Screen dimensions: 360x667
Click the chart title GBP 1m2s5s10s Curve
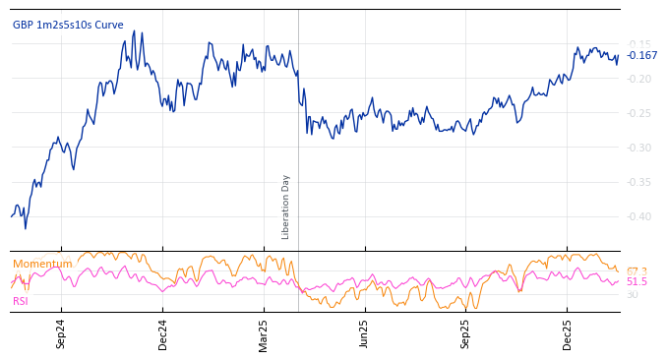(68, 26)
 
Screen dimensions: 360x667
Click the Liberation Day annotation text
(286, 207)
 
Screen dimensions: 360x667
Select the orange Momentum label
(42, 264)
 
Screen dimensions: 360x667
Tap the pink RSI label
(20, 301)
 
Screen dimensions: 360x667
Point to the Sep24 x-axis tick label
(61, 334)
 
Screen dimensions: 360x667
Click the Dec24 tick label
(163, 334)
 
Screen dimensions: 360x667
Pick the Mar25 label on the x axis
(264, 334)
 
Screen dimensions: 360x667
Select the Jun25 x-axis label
(365, 334)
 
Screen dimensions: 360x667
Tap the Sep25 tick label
(466, 334)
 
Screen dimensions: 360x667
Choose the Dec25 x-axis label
(568, 334)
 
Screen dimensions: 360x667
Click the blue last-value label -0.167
(642, 56)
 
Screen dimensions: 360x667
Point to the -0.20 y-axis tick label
(638, 79)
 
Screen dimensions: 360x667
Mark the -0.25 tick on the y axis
(638, 113)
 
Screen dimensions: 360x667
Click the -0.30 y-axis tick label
(638, 148)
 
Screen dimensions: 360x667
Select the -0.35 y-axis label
(638, 182)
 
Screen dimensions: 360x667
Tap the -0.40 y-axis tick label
(638, 216)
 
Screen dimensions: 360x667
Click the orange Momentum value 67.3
(637, 271)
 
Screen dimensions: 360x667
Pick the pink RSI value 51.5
(637, 282)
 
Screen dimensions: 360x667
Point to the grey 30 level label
(632, 294)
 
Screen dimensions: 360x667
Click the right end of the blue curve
(619, 56)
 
